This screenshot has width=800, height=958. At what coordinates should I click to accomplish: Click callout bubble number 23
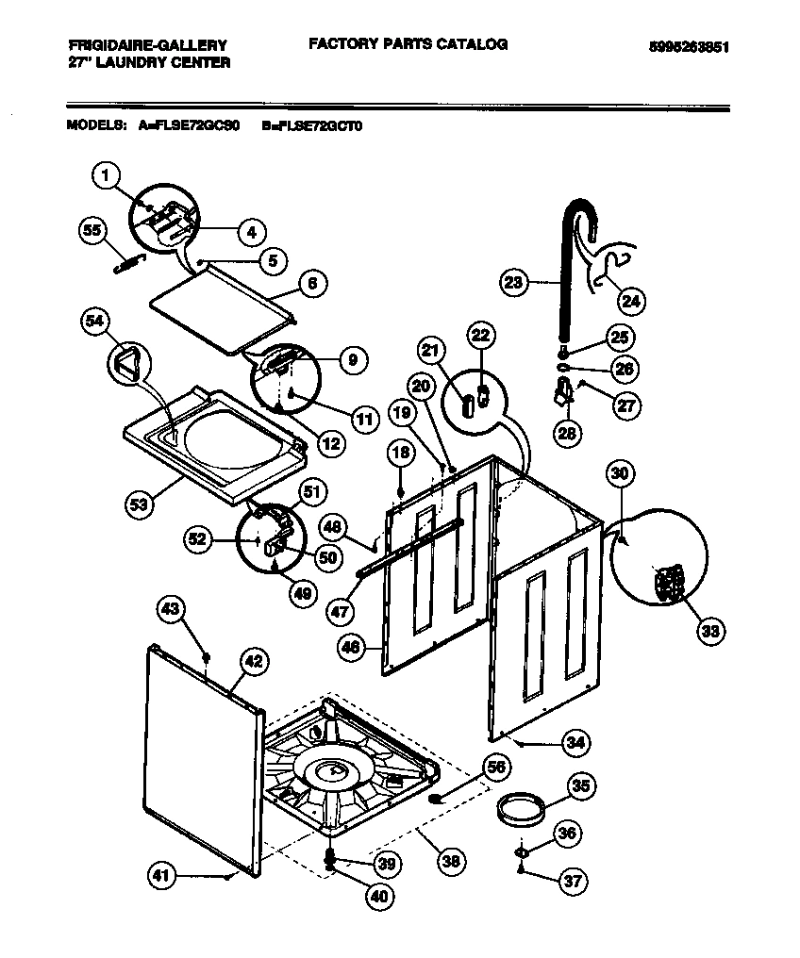513,282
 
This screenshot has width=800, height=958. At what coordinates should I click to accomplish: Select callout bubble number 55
92,232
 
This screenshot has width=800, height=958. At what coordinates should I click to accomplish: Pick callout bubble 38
451,859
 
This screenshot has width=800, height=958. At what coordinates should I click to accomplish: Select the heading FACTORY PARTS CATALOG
408,44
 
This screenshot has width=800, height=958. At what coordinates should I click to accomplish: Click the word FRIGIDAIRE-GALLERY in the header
147,45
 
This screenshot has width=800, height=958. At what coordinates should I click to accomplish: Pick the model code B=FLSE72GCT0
311,124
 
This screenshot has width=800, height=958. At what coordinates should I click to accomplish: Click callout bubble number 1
107,174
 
